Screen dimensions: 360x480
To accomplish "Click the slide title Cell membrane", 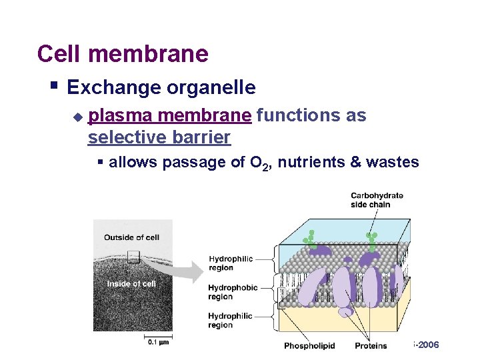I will [x=123, y=53].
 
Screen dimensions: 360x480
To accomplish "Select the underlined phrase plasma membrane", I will [x=170, y=116].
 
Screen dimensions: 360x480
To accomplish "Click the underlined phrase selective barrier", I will [x=159, y=138].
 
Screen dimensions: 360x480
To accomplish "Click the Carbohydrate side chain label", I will [x=377, y=199].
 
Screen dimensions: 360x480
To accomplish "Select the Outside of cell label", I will [x=131, y=238].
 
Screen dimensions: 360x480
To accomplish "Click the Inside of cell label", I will [x=131, y=284].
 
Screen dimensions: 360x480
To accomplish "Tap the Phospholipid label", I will [x=309, y=345].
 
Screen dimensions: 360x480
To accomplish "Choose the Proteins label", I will [x=371, y=345].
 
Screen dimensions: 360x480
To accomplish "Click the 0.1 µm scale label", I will [x=157, y=342].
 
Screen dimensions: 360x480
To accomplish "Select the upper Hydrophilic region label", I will [x=229, y=263].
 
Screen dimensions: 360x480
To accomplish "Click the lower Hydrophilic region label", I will [x=229, y=321].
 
